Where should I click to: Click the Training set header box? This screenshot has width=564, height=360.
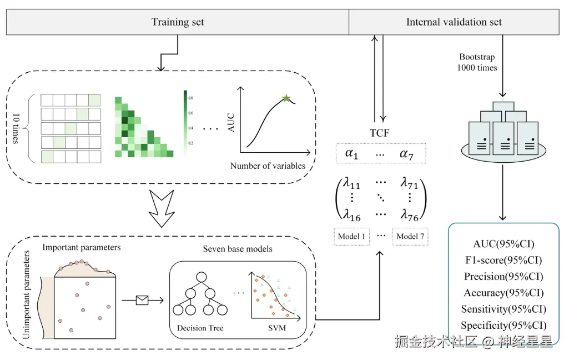point(178,22)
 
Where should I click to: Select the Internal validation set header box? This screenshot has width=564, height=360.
point(454,22)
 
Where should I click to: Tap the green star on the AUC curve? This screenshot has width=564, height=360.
point(286,98)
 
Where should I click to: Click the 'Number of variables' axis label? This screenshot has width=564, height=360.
point(268,166)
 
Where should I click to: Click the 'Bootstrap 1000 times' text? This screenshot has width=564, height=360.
point(477,62)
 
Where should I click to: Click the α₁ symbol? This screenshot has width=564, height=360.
point(351,153)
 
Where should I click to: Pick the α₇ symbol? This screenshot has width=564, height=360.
point(407,153)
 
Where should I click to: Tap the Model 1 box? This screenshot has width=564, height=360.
point(351,237)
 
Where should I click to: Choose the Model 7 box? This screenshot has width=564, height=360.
point(411,237)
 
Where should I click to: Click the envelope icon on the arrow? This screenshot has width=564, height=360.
point(142,301)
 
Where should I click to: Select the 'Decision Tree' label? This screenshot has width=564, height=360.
point(200,328)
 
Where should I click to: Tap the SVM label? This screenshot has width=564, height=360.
point(276,328)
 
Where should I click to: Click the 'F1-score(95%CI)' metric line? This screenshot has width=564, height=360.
point(503,259)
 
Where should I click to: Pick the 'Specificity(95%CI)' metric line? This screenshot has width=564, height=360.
point(503,325)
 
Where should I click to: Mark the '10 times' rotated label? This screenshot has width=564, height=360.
point(17,128)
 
